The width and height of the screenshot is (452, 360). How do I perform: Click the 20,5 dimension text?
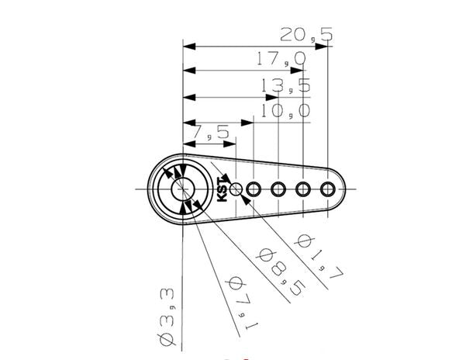[x=306, y=34]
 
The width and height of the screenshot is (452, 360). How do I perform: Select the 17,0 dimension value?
[x=281, y=58]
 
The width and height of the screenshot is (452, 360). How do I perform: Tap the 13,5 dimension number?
[x=285, y=85]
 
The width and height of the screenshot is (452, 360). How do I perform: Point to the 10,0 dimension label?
[x=285, y=111]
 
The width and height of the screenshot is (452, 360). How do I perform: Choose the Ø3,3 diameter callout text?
[x=167, y=317]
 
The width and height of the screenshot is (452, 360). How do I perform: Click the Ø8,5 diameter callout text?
[x=281, y=272]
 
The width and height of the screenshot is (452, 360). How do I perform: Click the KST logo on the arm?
[x=223, y=189]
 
